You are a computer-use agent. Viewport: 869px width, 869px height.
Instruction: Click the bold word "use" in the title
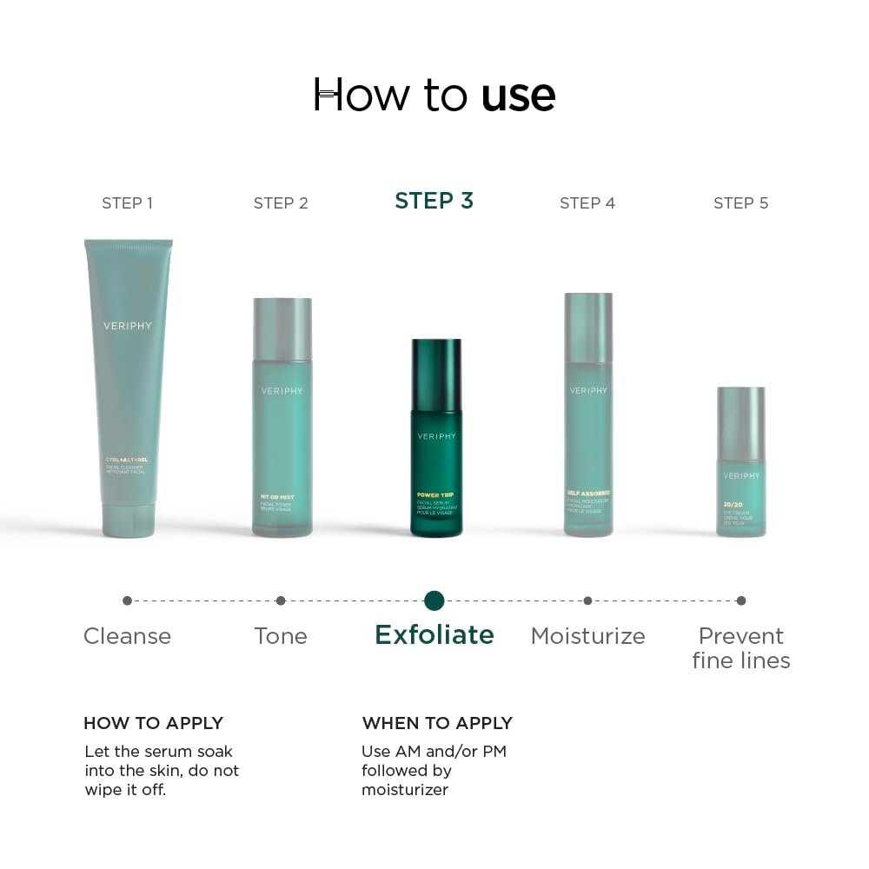pyautogui.click(x=518, y=96)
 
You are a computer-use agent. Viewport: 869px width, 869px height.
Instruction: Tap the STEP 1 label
pyautogui.click(x=127, y=203)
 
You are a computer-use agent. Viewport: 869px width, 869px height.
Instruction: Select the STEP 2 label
pyautogui.click(x=281, y=203)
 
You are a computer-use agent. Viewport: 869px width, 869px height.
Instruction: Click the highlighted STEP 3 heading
pyautogui.click(x=434, y=201)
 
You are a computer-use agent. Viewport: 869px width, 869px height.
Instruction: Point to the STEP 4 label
pyautogui.click(x=587, y=203)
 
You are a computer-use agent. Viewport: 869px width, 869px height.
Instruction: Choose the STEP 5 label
pyautogui.click(x=740, y=203)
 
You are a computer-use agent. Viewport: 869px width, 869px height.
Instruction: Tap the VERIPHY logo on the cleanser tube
pyautogui.click(x=128, y=326)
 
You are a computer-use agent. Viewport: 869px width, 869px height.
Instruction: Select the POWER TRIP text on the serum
pyautogui.click(x=435, y=495)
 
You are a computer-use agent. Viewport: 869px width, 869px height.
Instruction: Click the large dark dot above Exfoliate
pyautogui.click(x=434, y=600)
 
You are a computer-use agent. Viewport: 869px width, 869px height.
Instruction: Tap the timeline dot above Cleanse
pyautogui.click(x=128, y=600)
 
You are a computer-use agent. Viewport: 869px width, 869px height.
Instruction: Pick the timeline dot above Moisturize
pyautogui.click(x=587, y=600)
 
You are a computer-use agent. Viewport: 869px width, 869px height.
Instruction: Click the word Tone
pyautogui.click(x=281, y=636)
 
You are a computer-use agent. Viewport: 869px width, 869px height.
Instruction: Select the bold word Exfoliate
pyautogui.click(x=434, y=635)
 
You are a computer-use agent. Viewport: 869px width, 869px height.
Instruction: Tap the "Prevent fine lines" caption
pyautogui.click(x=741, y=648)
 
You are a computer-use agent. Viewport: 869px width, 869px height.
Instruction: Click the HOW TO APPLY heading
pyautogui.click(x=153, y=723)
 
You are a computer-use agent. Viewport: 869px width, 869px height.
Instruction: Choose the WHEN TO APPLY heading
pyautogui.click(x=437, y=723)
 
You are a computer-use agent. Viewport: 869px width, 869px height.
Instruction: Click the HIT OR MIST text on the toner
pyautogui.click(x=277, y=497)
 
